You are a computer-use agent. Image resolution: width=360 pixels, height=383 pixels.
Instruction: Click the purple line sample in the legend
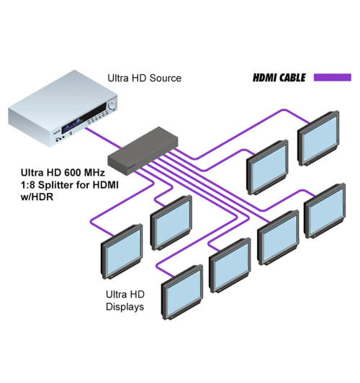click(332, 77)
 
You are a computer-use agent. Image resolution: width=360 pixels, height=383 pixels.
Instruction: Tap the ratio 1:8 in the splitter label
click(30, 187)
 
